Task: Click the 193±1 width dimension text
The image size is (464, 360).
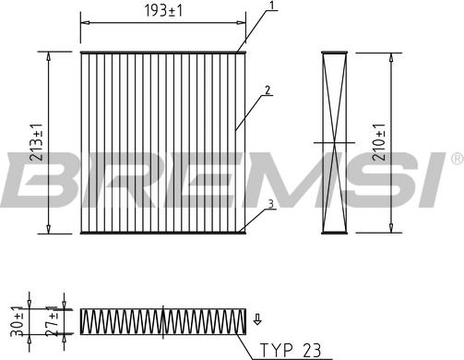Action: pyautogui.click(x=163, y=11)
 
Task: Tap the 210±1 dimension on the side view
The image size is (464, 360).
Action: pyautogui.click(x=379, y=142)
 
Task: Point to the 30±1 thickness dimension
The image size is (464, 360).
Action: pyautogui.click(x=17, y=321)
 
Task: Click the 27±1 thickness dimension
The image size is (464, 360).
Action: pyautogui.click(x=52, y=321)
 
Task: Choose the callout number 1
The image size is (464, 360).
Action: pyautogui.click(x=271, y=5)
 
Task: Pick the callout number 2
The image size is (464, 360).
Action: pyautogui.click(x=268, y=90)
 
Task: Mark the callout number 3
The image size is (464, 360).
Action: pyautogui.click(x=270, y=204)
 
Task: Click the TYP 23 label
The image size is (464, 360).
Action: pyautogui.click(x=291, y=350)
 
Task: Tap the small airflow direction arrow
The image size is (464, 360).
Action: pyautogui.click(x=257, y=319)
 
